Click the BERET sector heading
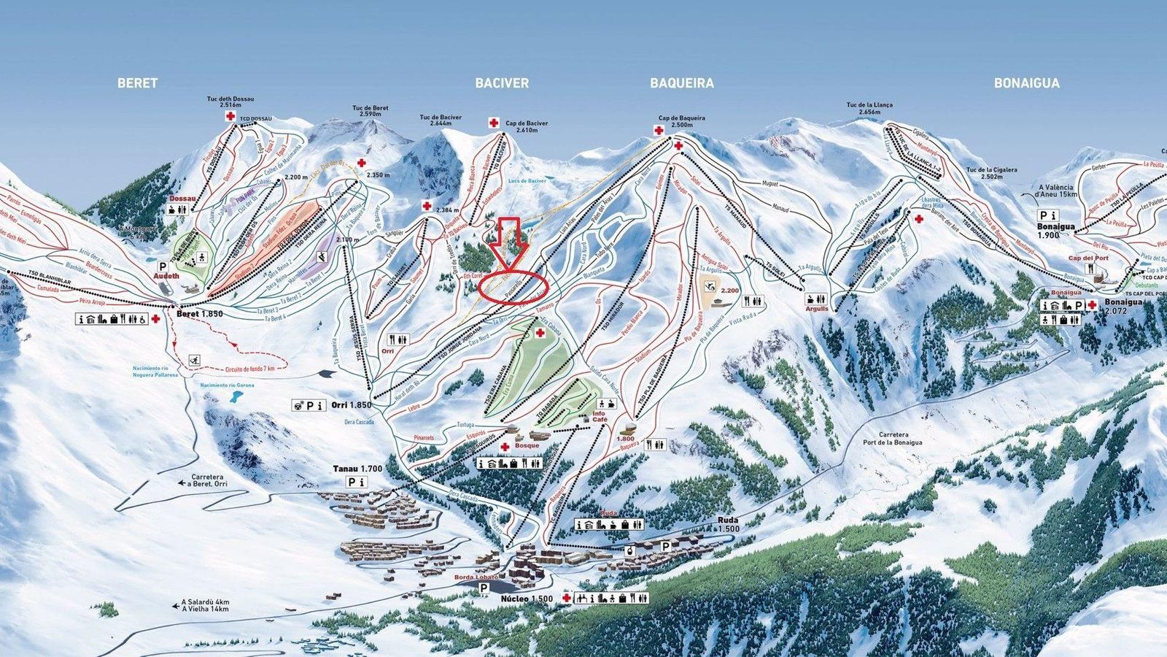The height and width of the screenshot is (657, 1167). pyautogui.click(x=137, y=83)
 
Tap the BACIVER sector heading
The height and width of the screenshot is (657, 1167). pyautogui.click(x=502, y=83)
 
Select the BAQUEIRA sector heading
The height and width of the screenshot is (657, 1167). pyautogui.click(x=681, y=83)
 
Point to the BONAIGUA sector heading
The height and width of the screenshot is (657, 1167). pyautogui.click(x=1026, y=83)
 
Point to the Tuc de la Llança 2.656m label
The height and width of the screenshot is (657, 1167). pyautogui.click(x=869, y=108)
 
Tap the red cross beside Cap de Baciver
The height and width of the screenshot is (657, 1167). pyautogui.click(x=494, y=123)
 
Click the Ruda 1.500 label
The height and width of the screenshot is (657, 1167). pyautogui.click(x=729, y=525)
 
